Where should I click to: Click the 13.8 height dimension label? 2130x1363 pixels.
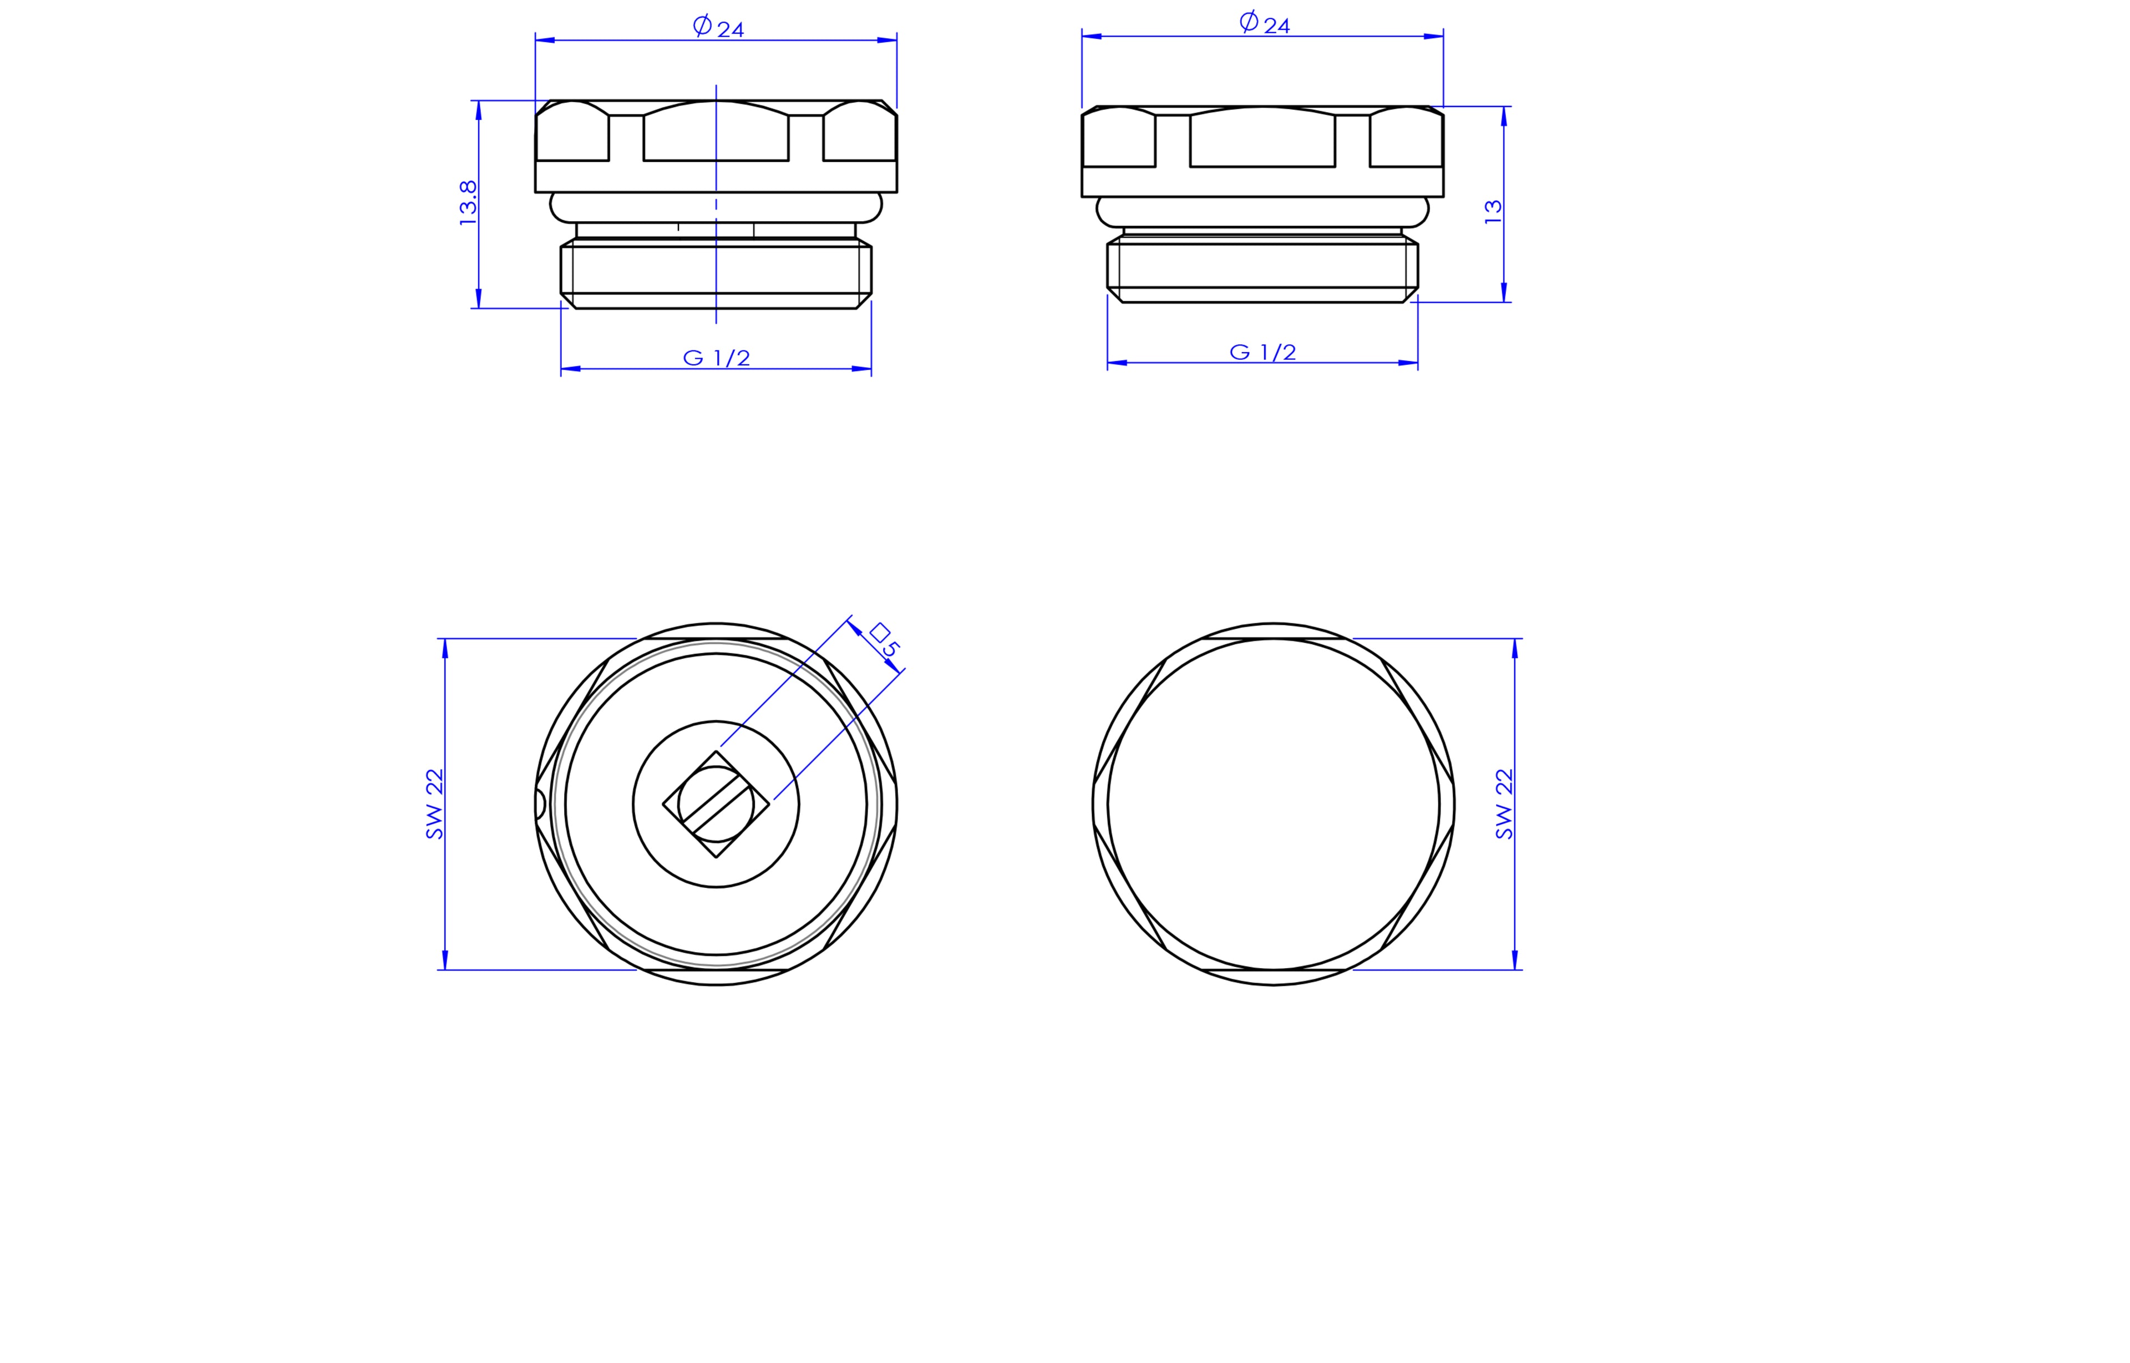click(x=468, y=204)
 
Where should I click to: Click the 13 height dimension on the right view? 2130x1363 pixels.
click(x=1493, y=211)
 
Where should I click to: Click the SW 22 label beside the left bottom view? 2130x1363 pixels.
click(x=434, y=803)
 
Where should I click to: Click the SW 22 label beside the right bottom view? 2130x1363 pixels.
click(x=1504, y=803)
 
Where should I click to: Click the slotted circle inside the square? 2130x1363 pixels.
click(x=716, y=803)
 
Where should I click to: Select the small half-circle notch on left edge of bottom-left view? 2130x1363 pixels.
click(x=540, y=803)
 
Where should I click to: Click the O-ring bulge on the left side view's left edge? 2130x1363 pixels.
click(x=557, y=207)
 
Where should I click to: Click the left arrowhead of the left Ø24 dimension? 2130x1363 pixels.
click(x=545, y=40)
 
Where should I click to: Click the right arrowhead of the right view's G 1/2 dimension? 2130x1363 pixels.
click(x=1408, y=363)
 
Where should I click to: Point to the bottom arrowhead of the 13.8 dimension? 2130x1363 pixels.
click(x=479, y=298)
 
